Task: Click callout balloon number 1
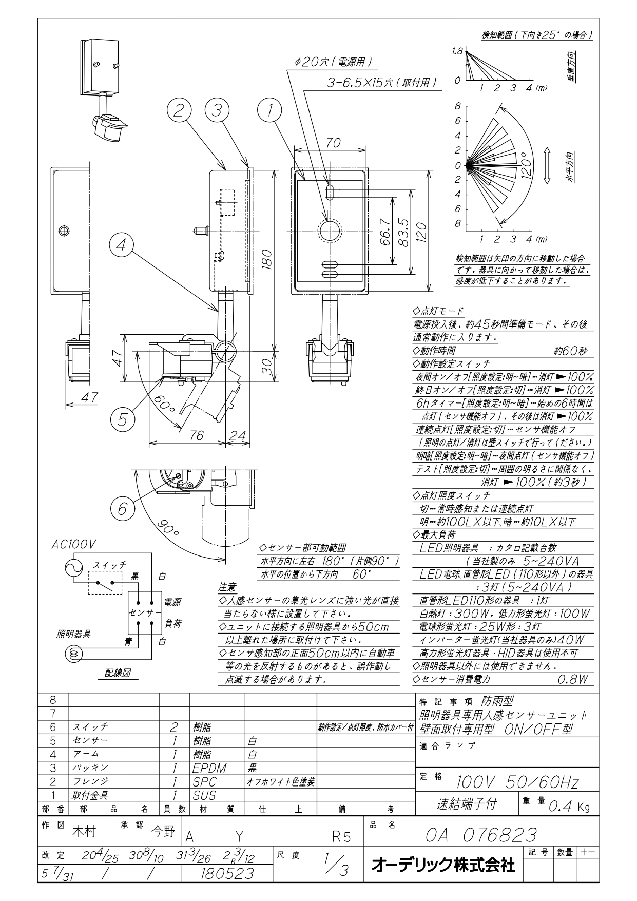click(x=267, y=111)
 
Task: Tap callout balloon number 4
click(x=122, y=246)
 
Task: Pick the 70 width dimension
click(x=333, y=143)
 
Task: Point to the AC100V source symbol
click(x=73, y=567)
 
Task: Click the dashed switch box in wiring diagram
click(x=106, y=582)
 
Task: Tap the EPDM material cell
click(x=209, y=769)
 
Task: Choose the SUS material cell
click(x=204, y=796)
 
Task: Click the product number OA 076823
click(x=481, y=835)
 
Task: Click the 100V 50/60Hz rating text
click(x=517, y=782)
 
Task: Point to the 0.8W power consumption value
click(x=572, y=679)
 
